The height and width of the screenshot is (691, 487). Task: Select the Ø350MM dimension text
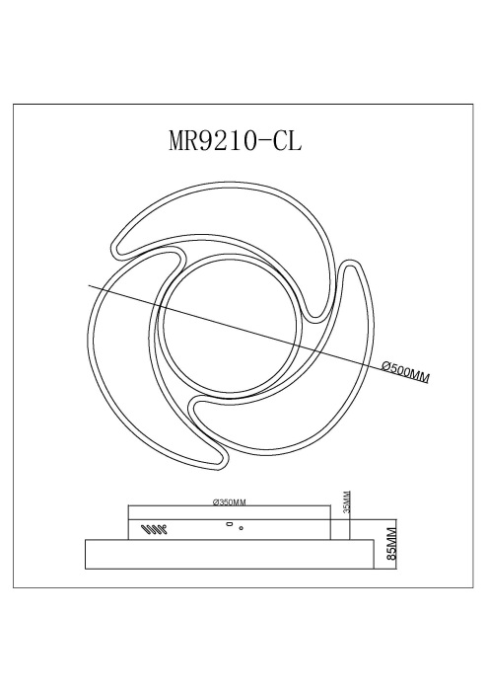229,502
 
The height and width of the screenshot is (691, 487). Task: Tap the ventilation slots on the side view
153,529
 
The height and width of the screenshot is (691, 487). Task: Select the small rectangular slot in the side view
231,524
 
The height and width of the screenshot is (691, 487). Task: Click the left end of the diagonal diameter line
91,284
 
